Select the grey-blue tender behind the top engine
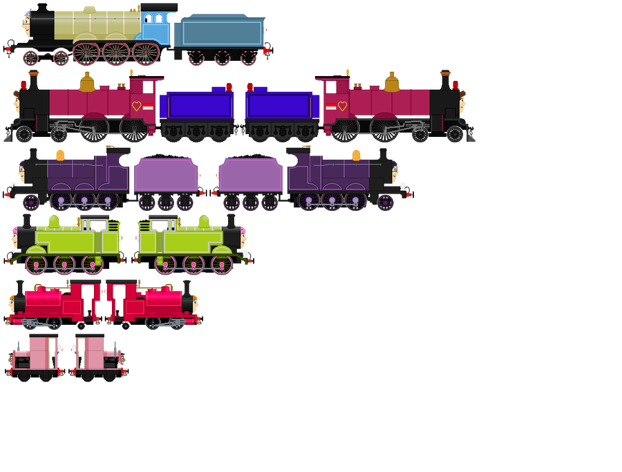220,34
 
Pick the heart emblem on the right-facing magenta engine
342,106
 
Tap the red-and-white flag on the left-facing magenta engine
148,107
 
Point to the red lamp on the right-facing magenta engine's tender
250,87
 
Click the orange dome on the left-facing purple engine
60,155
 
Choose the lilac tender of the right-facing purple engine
250,173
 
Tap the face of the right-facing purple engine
395,173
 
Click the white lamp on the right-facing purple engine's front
404,185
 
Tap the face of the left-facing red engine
13,302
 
